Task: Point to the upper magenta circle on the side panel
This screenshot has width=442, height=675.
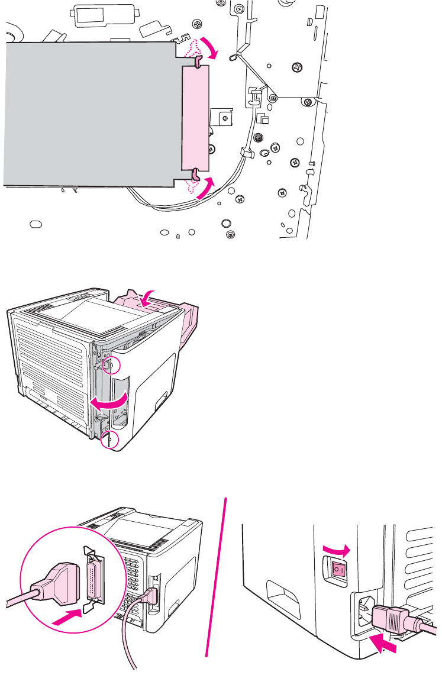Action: point(108,365)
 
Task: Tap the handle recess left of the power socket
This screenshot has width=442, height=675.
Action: point(284,598)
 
